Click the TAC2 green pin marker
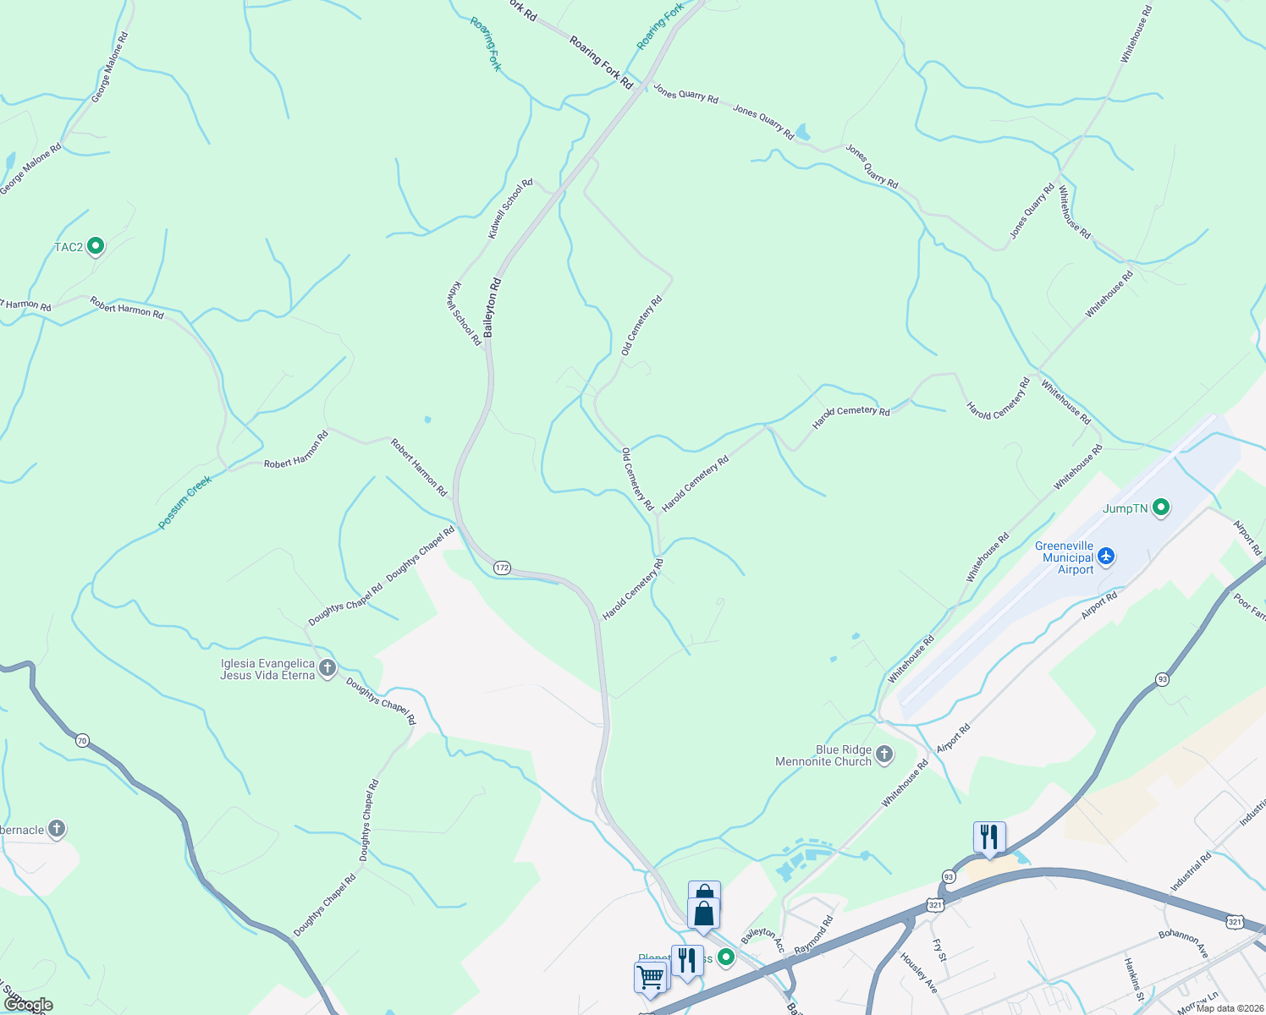click(x=96, y=246)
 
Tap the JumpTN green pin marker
click(x=1161, y=507)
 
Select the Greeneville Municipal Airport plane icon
click(x=1105, y=557)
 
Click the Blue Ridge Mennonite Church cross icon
click(x=884, y=754)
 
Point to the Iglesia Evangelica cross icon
click(x=328, y=668)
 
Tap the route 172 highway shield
click(x=503, y=568)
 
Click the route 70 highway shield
click(x=81, y=741)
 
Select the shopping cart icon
click(x=650, y=977)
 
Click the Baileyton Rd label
click(x=493, y=308)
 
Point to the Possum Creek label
click(x=184, y=502)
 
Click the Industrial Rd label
click(x=1191, y=872)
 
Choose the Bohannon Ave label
click(x=1182, y=943)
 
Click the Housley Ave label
click(x=918, y=973)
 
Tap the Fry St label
click(x=939, y=950)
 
